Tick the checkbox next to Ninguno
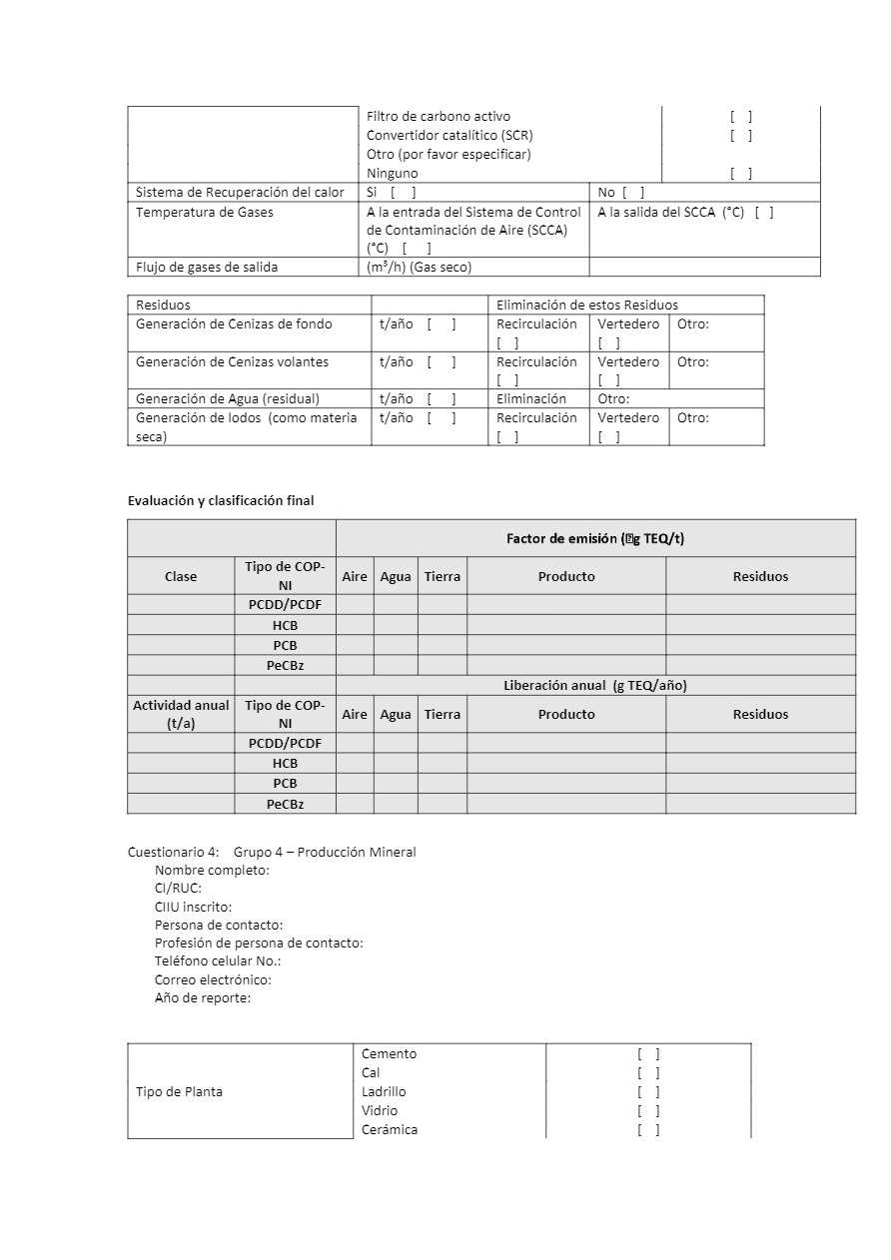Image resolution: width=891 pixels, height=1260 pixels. coord(740,174)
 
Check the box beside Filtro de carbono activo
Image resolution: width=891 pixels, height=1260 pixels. coord(740,117)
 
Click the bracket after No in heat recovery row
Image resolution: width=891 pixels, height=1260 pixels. coord(633,193)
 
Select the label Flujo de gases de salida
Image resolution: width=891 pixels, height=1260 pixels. coord(207,267)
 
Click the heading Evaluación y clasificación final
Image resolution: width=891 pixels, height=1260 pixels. coord(221,500)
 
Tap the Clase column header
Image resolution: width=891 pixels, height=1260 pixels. coord(181,576)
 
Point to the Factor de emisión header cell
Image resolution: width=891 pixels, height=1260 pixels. coord(595,539)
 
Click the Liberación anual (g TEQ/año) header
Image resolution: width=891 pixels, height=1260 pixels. coord(595,685)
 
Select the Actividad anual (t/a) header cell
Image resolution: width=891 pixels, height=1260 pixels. coord(181,714)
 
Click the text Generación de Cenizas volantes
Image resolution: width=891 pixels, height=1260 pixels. coord(232,361)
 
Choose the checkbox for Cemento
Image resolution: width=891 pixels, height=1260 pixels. coord(648,1054)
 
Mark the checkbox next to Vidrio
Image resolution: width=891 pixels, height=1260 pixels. coord(648,1111)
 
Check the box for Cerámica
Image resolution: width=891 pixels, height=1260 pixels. coord(648,1130)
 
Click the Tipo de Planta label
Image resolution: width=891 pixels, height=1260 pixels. coord(179,1091)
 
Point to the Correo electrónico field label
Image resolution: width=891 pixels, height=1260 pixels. coord(213,980)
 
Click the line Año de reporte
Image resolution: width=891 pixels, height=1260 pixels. coord(203,998)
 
